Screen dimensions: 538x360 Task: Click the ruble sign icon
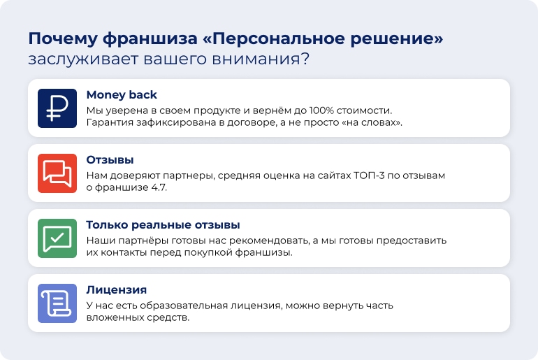coord(57,108)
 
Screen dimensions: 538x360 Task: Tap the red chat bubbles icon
coord(57,173)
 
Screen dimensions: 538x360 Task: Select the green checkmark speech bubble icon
coord(57,238)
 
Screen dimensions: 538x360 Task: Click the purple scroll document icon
coord(57,303)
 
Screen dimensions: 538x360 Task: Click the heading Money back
coord(122,95)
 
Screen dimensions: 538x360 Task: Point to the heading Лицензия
coord(116,290)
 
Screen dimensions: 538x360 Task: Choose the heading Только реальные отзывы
coord(163,225)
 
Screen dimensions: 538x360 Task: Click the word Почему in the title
coord(63,38)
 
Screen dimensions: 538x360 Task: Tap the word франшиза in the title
coord(150,38)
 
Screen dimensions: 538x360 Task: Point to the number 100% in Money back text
coord(321,110)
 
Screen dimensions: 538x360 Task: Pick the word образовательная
coord(184,305)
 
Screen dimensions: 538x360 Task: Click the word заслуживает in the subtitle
coord(83,59)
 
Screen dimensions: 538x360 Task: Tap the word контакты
coord(122,252)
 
